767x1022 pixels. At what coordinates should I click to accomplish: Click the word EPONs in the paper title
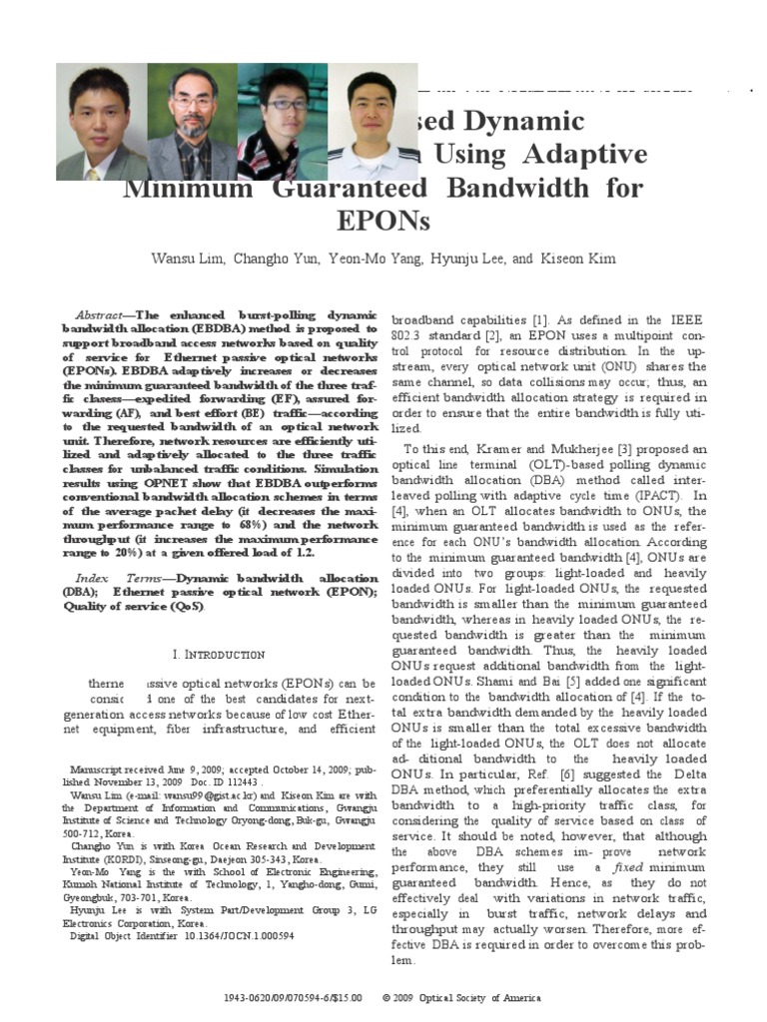point(383,220)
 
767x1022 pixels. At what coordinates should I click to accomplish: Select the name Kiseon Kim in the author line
point(579,258)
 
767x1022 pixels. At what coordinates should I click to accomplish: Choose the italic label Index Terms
point(113,578)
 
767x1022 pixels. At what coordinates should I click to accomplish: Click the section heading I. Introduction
point(218,654)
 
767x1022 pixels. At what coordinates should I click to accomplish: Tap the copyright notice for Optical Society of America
point(470,998)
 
